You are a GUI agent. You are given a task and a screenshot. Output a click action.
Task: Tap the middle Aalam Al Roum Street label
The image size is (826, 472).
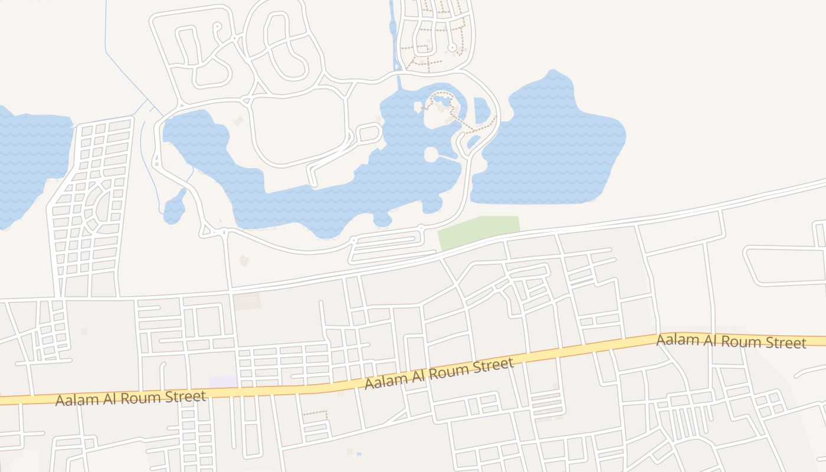click(x=439, y=374)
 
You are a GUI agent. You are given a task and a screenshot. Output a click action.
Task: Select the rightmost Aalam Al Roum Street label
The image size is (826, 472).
click(x=731, y=342)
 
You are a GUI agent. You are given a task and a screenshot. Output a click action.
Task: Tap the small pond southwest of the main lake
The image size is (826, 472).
click(x=174, y=209)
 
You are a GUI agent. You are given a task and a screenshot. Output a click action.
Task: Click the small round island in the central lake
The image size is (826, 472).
click(x=431, y=155)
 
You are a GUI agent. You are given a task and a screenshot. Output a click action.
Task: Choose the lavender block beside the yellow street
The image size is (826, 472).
click(x=223, y=382)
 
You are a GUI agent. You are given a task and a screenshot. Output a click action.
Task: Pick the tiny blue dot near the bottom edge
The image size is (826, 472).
click(x=359, y=454)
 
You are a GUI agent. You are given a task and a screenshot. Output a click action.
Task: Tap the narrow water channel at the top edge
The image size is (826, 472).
click(x=393, y=29)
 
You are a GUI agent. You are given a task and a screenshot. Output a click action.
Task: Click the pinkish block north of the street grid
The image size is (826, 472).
click(x=247, y=301)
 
